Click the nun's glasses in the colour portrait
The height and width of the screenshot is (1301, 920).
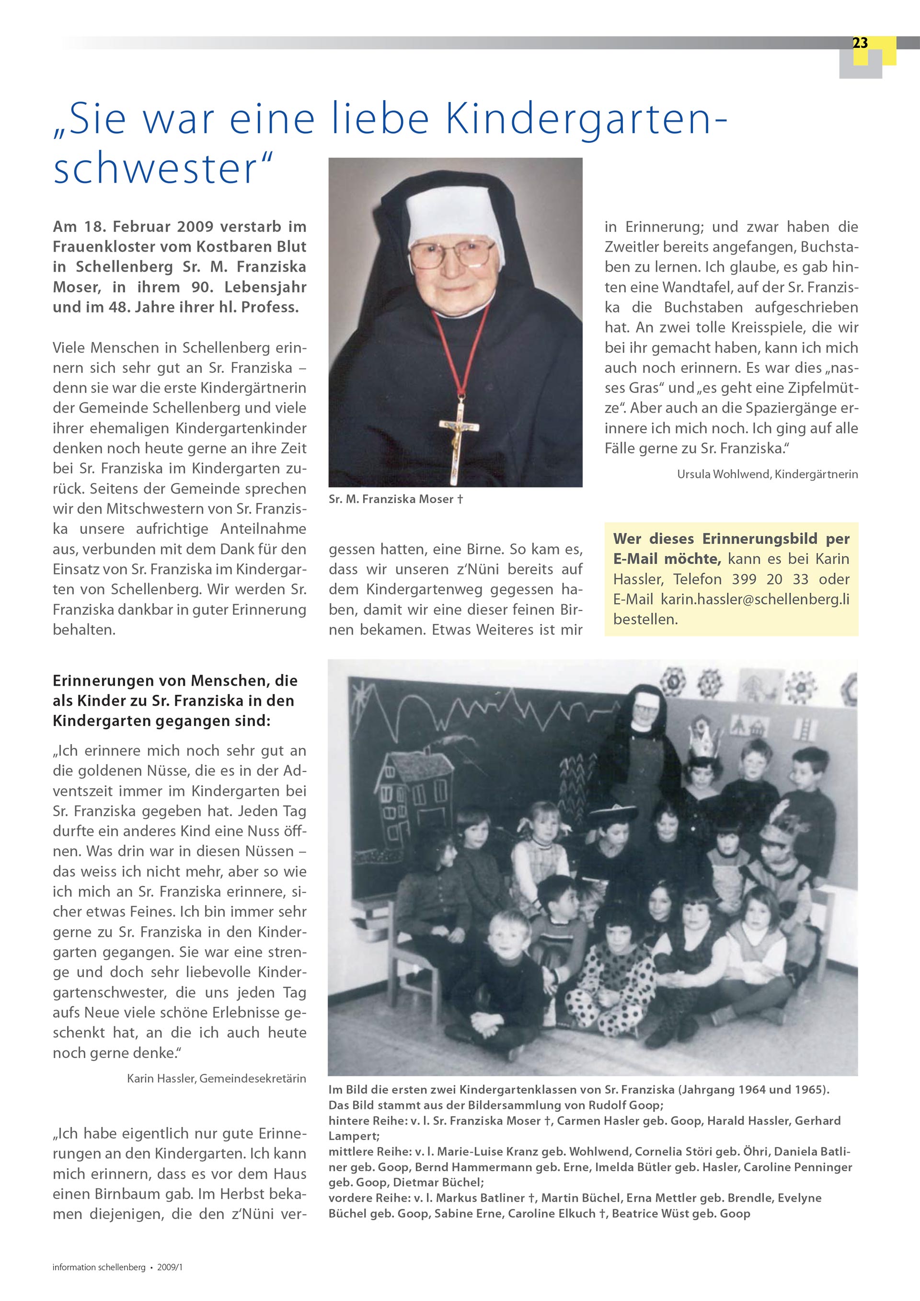(x=451, y=253)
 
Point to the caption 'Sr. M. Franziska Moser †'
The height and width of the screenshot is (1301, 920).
(x=395, y=499)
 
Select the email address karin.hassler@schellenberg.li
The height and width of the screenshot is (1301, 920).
(x=755, y=599)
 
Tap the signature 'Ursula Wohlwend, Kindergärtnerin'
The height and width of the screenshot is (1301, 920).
(x=767, y=474)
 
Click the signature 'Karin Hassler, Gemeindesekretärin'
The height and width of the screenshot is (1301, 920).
(x=217, y=1078)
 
